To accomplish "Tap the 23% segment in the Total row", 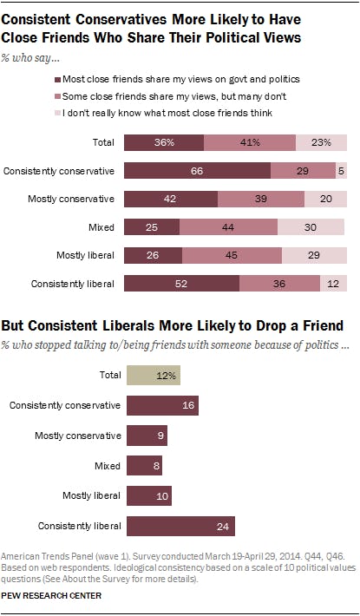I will [321, 143].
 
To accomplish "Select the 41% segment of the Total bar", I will [250, 143].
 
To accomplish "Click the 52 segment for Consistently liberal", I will [182, 284].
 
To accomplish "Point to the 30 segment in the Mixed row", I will [312, 227].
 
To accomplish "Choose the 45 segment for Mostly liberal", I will [232, 255].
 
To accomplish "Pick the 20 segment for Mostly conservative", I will [325, 200].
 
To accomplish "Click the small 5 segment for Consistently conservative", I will [341, 171].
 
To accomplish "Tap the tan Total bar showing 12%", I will [154, 376].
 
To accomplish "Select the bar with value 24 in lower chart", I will [180, 525].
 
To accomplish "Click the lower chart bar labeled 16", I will [162, 406].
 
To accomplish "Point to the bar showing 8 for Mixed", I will [144, 466].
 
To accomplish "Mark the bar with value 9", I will [147, 436].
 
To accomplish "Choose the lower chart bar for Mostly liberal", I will [149, 495].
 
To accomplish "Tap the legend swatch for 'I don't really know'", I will [129, 113].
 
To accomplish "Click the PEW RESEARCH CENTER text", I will [51, 596].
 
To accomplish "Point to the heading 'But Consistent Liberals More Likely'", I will [173, 326].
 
